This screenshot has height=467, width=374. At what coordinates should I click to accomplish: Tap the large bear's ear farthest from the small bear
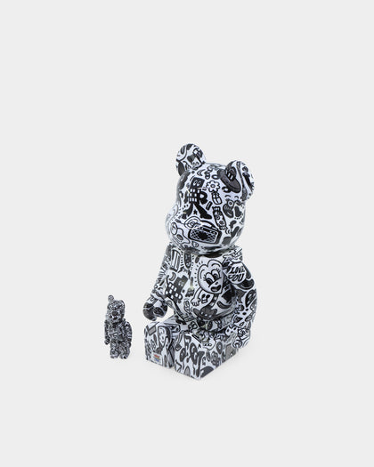pyautogui.click(x=239, y=176)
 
